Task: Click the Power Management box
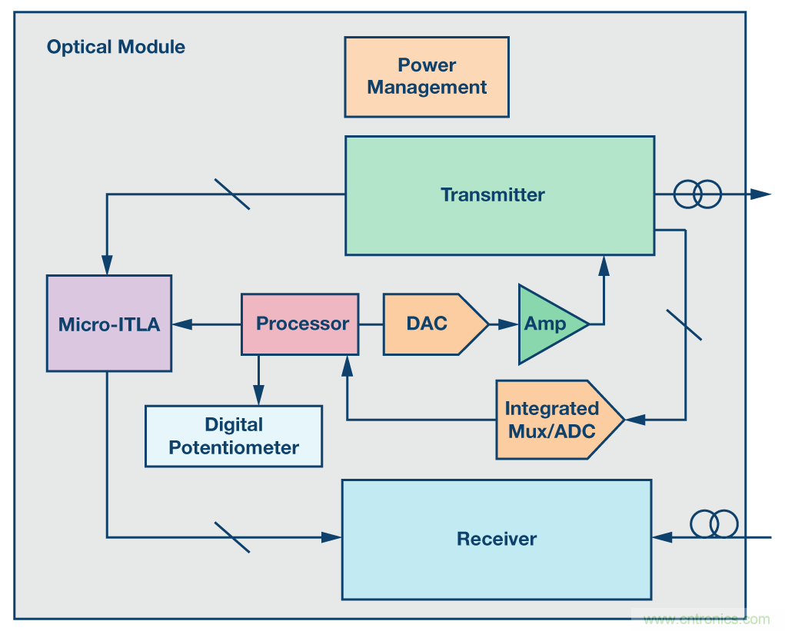pos(427,77)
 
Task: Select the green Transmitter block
pos(500,195)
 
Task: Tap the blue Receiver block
pos(497,539)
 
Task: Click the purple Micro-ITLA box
pos(109,324)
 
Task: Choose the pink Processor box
pos(300,324)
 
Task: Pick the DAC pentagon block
pos(431,324)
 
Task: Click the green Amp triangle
pos(547,324)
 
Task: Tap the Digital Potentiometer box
pos(234,436)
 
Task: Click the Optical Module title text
pos(116,47)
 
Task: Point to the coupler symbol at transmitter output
pos(697,194)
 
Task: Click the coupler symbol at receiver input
pos(713,524)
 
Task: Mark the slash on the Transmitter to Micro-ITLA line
pos(231,194)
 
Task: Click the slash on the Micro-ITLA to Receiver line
pos(231,537)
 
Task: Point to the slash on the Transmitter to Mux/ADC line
pos(684,324)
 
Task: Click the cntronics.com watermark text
pos(706,619)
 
